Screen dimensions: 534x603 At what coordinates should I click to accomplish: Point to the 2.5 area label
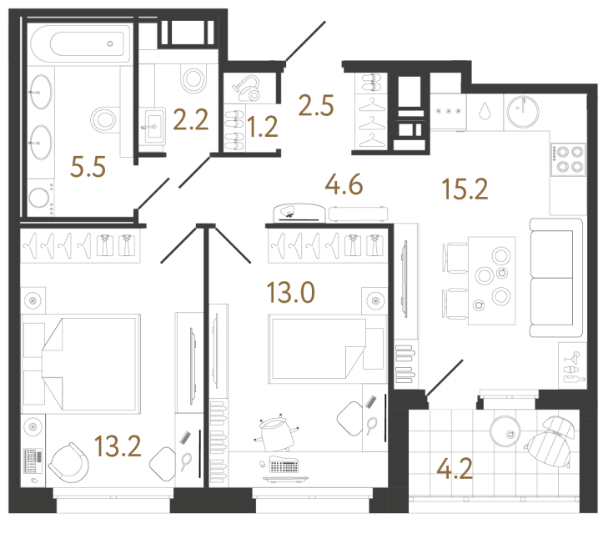[x=316, y=106]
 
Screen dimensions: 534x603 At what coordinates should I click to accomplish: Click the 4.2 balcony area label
[x=455, y=467]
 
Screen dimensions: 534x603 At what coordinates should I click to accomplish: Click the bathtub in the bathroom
[x=79, y=43]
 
